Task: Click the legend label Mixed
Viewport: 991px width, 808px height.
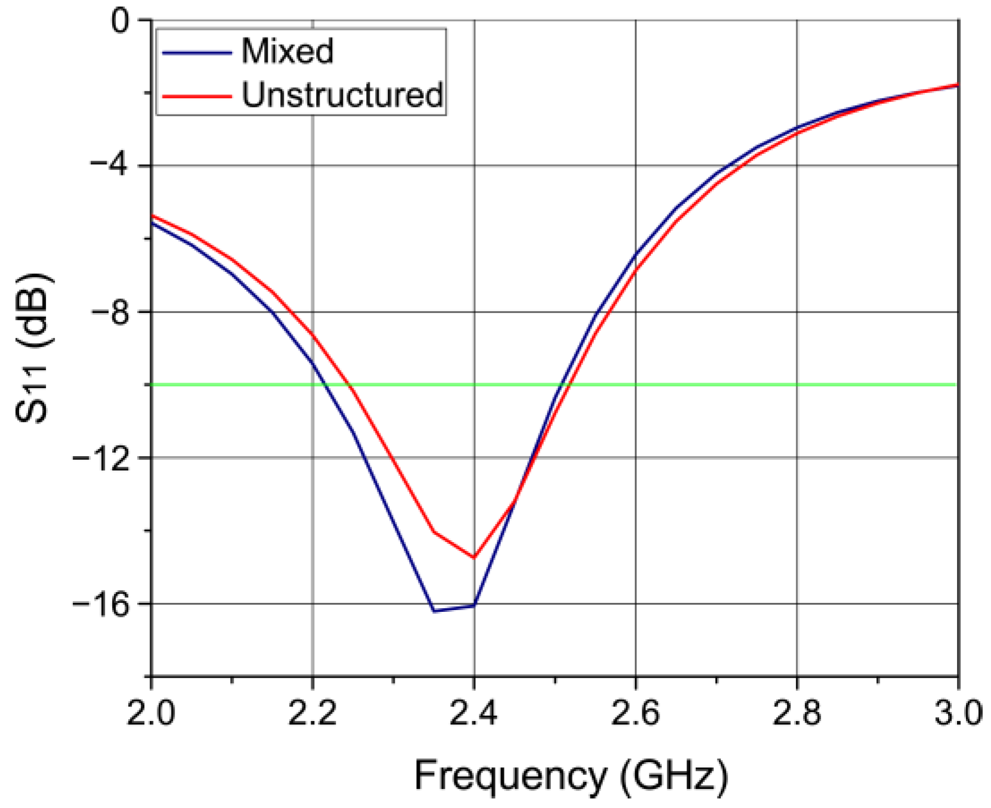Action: click(287, 51)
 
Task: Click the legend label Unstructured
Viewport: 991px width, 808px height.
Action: click(342, 95)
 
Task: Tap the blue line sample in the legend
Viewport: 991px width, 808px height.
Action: click(196, 52)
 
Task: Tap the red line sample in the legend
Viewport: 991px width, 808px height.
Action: click(196, 96)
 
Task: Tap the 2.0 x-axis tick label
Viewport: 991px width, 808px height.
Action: click(151, 713)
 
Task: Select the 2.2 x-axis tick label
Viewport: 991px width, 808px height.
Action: click(312, 713)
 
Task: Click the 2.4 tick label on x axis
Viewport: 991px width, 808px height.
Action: click(474, 713)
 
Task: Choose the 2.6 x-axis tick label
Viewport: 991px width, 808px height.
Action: click(636, 713)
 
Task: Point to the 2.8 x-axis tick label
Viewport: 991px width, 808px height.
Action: click(797, 713)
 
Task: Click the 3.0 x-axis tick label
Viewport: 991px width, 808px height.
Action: click(958, 713)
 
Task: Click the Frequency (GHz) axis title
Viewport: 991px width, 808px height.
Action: click(571, 776)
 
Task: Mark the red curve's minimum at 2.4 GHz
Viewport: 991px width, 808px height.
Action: click(474, 558)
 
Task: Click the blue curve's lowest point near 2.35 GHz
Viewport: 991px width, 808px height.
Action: click(434, 611)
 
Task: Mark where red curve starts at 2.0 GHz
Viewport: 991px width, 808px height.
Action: click(153, 216)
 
